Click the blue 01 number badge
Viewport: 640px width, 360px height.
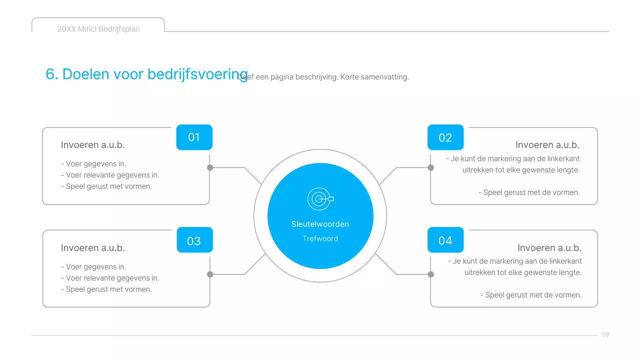click(194, 137)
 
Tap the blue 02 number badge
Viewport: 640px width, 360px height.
click(445, 137)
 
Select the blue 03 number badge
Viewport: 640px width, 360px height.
click(194, 240)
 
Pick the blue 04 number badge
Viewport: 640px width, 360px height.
click(445, 240)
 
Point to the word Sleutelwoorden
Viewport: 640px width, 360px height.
click(320, 224)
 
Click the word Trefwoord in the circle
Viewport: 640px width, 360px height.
click(320, 238)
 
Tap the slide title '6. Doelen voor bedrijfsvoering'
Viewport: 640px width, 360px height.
click(146, 74)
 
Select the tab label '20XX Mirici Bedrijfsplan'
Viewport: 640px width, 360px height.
click(98, 29)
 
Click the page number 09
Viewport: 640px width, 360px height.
click(605, 334)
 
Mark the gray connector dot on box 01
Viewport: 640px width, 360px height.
click(210, 167)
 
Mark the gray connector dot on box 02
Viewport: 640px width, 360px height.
click(431, 167)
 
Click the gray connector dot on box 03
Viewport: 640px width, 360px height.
click(210, 274)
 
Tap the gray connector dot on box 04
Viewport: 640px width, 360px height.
click(431, 274)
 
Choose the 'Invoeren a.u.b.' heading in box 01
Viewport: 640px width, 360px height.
click(92, 145)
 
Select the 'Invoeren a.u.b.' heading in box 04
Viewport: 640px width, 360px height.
click(549, 248)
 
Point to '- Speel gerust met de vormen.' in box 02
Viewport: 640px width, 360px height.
click(531, 192)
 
